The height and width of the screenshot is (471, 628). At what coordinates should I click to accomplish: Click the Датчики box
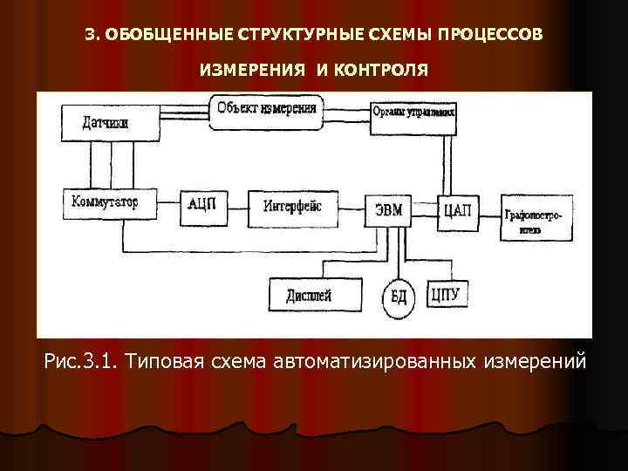[105, 123]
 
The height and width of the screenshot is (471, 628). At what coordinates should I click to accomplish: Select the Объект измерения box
[266, 111]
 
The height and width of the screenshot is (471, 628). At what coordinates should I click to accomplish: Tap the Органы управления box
[413, 113]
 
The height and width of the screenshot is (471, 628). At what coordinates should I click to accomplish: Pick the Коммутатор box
[103, 204]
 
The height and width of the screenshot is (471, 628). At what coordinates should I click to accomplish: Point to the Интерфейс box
[292, 207]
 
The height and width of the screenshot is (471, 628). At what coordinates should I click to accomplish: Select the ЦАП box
[458, 208]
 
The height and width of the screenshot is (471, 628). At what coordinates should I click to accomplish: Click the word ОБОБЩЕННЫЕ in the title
[163, 34]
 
